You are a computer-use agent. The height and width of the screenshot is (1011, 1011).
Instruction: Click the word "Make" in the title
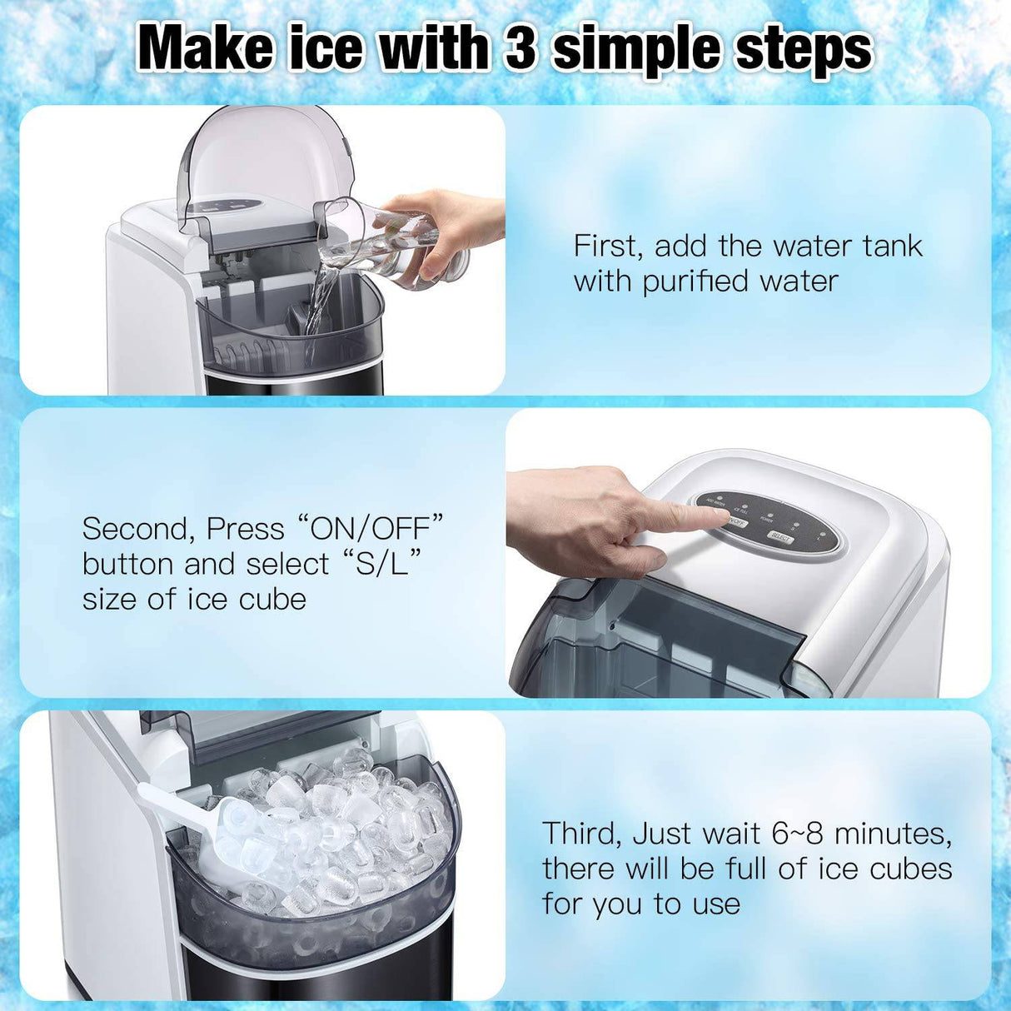(204, 48)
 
